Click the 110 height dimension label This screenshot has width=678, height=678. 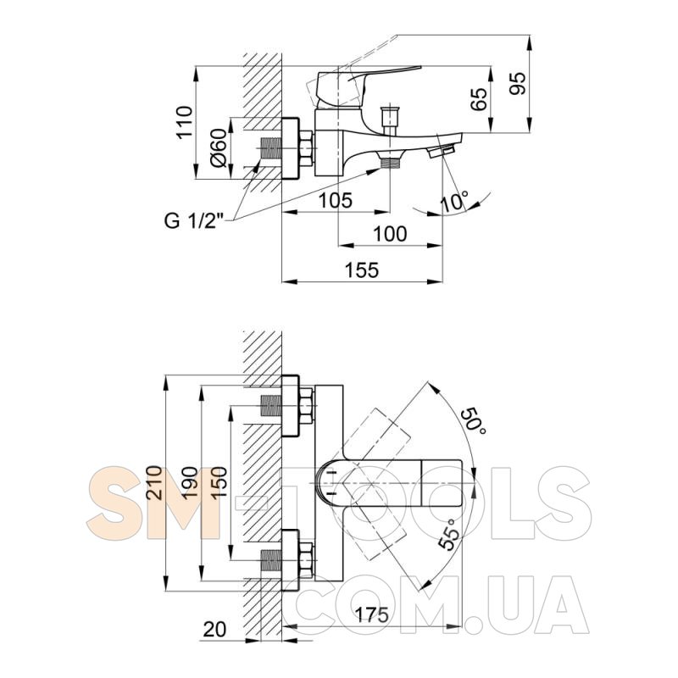point(185,121)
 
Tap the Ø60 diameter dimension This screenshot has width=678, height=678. point(219,147)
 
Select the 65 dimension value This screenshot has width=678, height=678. point(479,99)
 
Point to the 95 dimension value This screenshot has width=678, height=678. point(518,83)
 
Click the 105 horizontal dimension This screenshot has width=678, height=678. point(336,200)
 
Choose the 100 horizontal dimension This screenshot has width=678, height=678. point(390,234)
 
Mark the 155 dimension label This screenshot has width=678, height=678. point(362,270)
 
